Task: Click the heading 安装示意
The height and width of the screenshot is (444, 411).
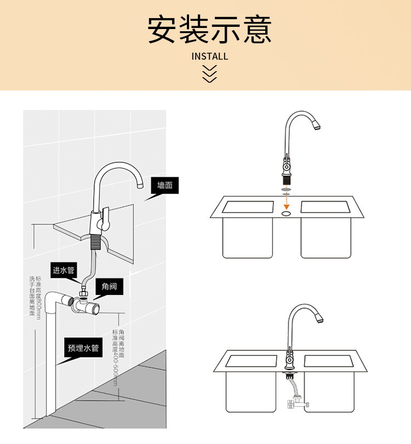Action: coord(210,30)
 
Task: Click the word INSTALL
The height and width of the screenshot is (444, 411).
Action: coord(210,56)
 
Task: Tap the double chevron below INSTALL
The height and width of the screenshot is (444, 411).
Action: coord(210,73)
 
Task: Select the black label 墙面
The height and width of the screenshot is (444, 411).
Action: coord(165,185)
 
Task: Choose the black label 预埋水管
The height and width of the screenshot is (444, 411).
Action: coord(83,348)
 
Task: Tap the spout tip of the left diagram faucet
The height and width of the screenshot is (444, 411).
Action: coord(139,185)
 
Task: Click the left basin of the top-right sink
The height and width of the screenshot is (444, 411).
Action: coord(248,207)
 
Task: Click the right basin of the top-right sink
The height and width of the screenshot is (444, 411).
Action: coord(327,207)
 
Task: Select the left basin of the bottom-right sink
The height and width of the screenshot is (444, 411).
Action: coord(252,361)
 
